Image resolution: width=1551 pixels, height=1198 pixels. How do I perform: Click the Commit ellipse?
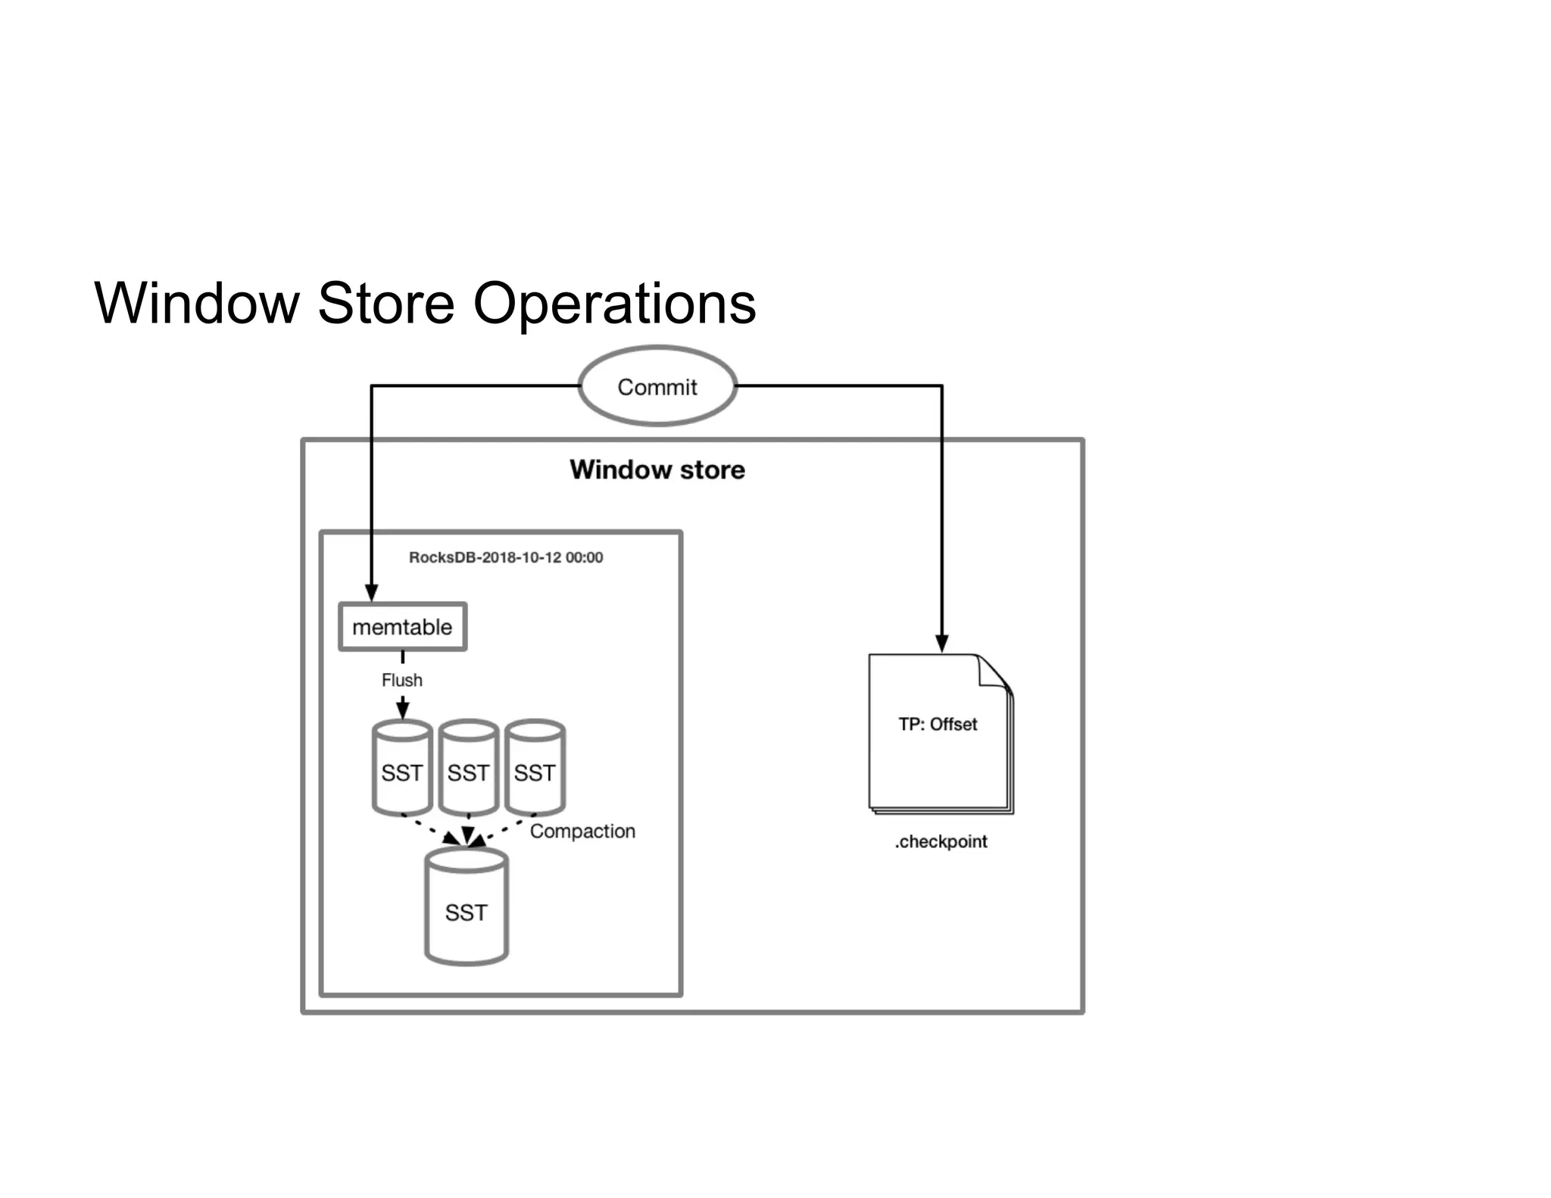click(x=657, y=386)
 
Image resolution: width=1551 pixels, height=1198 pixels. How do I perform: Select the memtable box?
click(x=402, y=627)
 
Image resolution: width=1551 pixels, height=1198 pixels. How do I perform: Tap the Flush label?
click(x=401, y=680)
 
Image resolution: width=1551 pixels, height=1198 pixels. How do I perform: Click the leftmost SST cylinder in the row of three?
click(x=402, y=769)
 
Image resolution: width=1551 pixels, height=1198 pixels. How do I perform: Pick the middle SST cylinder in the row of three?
click(x=468, y=769)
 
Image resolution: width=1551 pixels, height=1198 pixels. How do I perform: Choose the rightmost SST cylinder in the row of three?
click(x=535, y=769)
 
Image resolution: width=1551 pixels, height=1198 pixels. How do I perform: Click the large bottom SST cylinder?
click(x=466, y=909)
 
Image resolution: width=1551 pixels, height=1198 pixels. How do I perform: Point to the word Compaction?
click(x=582, y=831)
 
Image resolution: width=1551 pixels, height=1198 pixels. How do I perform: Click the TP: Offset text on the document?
click(x=938, y=724)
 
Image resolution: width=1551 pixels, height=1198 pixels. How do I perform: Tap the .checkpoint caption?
click(x=941, y=841)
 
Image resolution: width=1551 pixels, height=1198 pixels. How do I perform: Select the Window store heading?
click(x=657, y=470)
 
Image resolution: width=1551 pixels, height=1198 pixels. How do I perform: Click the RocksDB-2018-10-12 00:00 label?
click(x=506, y=557)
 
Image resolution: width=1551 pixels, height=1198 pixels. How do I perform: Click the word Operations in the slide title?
click(x=614, y=303)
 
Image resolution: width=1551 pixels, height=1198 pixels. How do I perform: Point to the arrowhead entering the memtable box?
click(x=371, y=593)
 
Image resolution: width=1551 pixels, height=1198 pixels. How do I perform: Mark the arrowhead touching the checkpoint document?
click(x=941, y=644)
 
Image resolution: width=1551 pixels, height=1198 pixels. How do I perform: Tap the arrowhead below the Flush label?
click(x=403, y=710)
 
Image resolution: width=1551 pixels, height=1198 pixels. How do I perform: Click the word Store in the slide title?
click(x=386, y=303)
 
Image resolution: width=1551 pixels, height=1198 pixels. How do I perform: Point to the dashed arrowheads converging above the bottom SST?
click(x=467, y=838)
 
